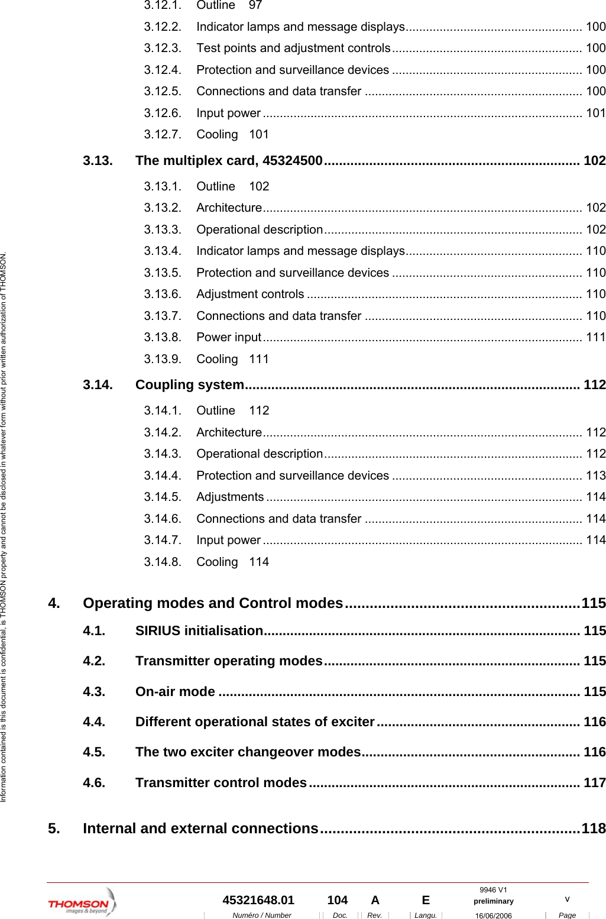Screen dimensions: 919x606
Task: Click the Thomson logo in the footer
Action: (82, 903)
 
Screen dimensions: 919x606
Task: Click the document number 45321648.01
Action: (258, 900)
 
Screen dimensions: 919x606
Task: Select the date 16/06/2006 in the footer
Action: (493, 915)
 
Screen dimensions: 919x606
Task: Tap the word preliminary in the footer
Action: (493, 901)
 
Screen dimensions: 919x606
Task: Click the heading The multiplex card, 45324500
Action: (229, 161)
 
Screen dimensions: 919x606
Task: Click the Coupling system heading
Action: (189, 385)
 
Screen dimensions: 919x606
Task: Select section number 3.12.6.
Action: (163, 113)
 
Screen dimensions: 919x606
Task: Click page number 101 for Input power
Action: (595, 113)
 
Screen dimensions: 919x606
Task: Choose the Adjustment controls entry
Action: (250, 294)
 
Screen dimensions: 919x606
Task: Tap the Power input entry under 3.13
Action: (229, 337)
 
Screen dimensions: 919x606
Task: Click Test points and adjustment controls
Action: (293, 48)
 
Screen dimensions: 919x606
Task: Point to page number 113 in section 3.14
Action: (595, 475)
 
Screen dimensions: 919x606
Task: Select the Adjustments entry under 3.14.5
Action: (230, 497)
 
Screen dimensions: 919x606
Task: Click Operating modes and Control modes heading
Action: (213, 603)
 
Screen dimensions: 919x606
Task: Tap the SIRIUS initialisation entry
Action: (199, 631)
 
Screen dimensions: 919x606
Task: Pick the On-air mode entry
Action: (175, 692)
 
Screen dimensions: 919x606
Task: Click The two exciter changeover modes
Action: (248, 752)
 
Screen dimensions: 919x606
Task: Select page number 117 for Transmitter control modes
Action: (594, 783)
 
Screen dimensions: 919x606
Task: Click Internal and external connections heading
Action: (200, 829)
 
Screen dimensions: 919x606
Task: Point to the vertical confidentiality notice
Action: (4, 526)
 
